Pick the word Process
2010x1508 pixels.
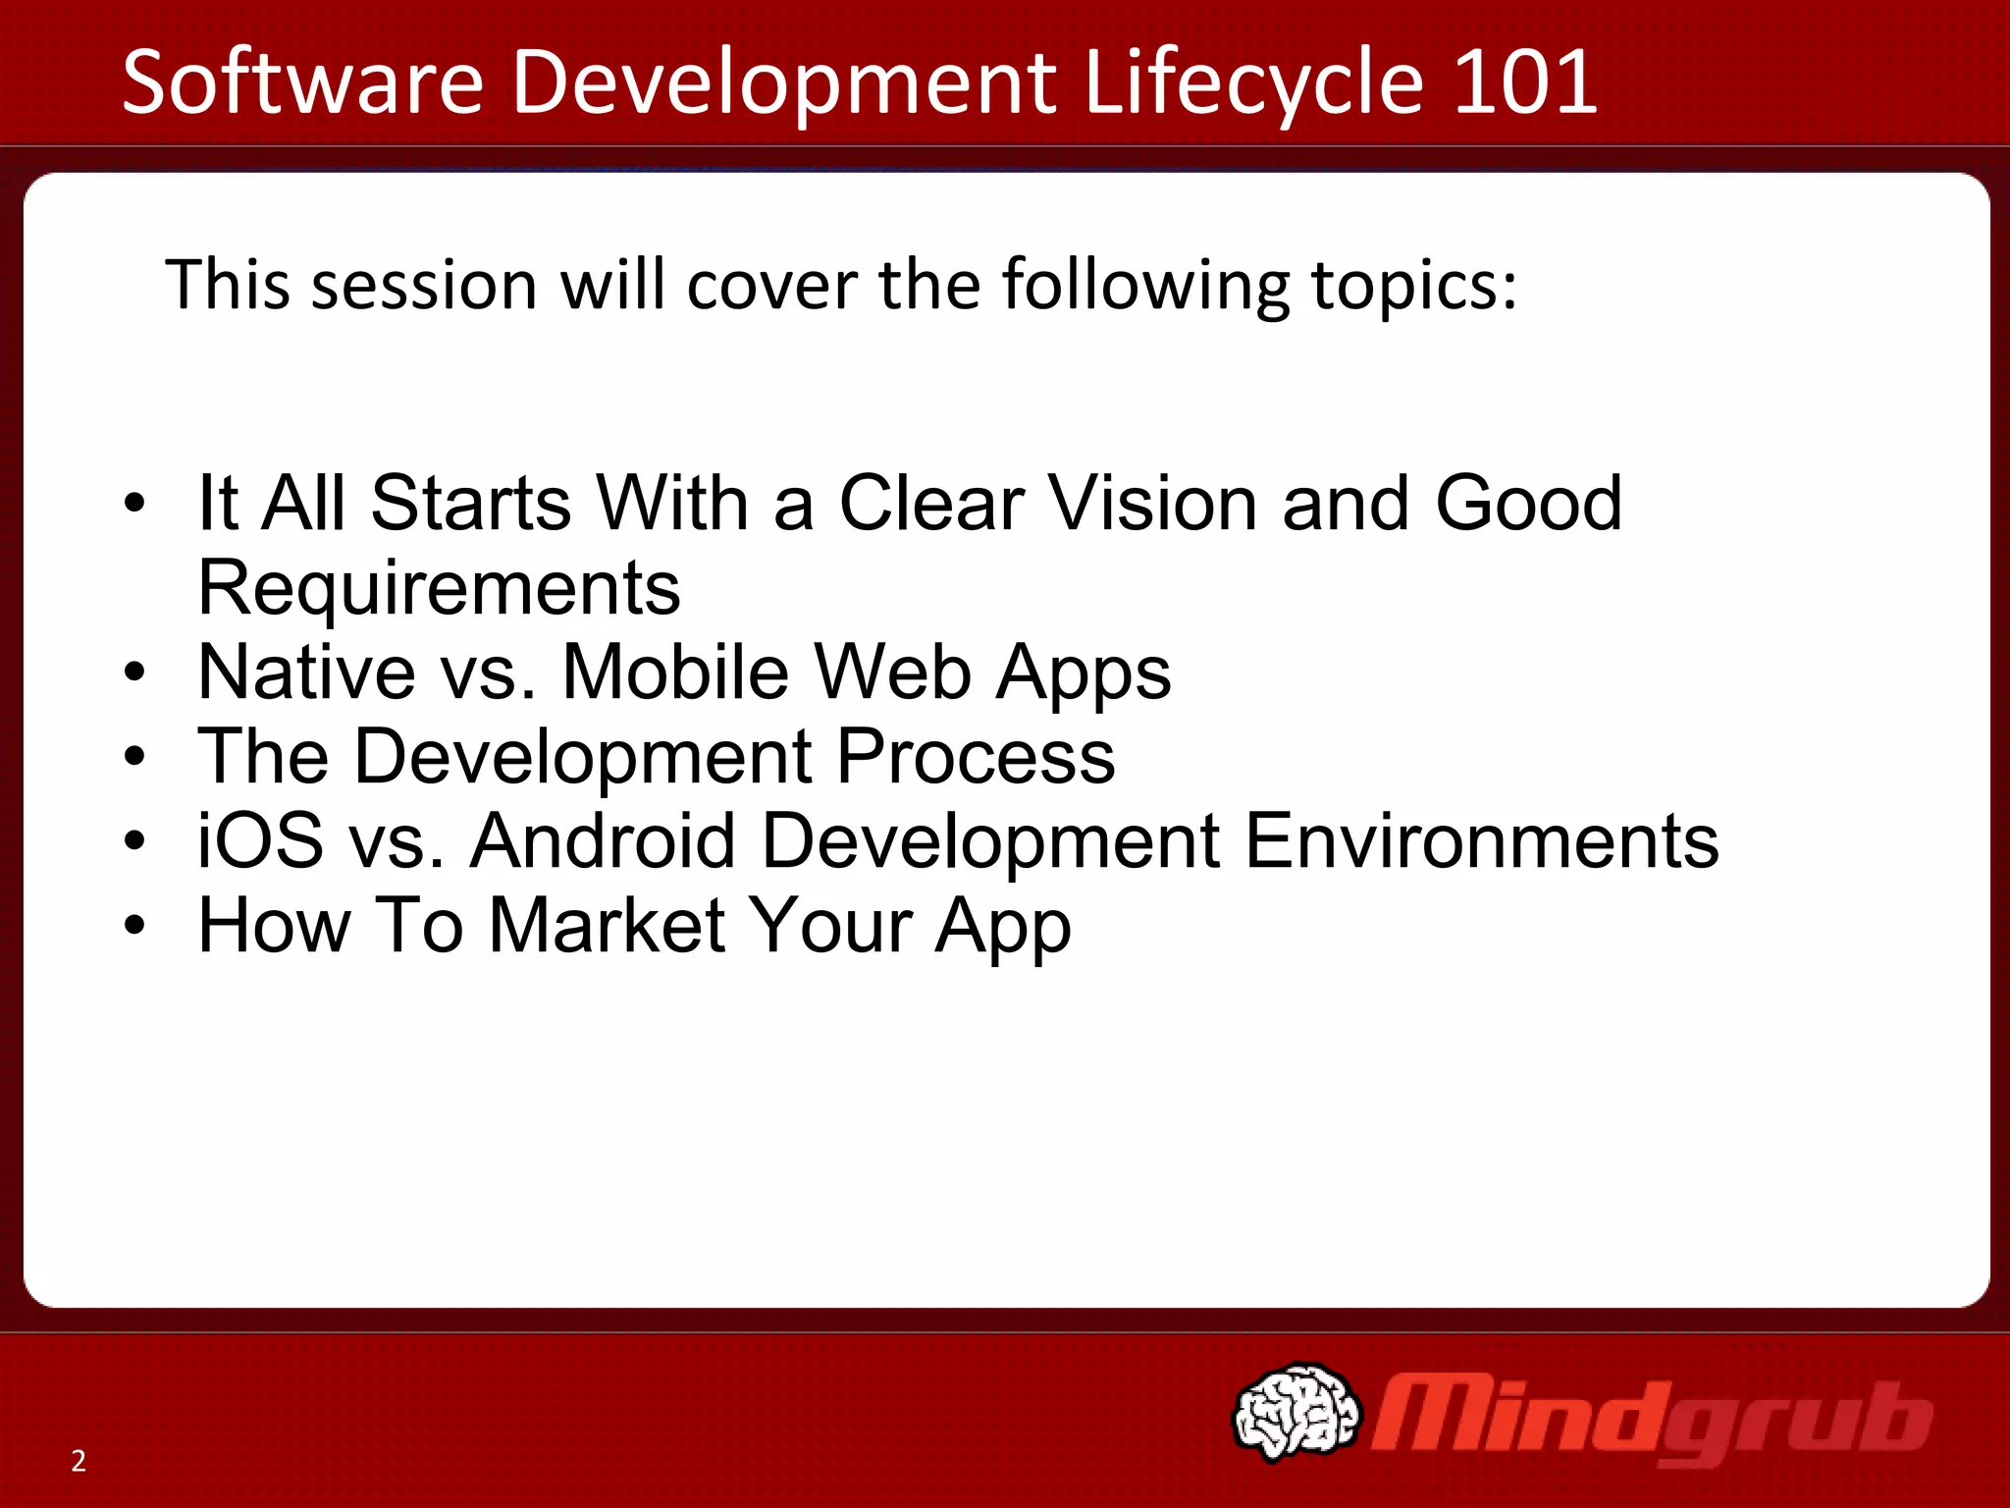(x=976, y=758)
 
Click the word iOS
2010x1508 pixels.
(x=260, y=841)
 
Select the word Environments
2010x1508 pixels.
(x=1482, y=841)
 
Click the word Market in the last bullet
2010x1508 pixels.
(x=607, y=926)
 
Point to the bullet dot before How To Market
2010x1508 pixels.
(x=135, y=926)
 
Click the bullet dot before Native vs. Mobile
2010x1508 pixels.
(x=135, y=673)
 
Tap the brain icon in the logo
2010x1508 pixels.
(x=1296, y=1411)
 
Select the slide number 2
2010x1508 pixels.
(x=79, y=1461)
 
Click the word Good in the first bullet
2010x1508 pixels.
(x=1528, y=503)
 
